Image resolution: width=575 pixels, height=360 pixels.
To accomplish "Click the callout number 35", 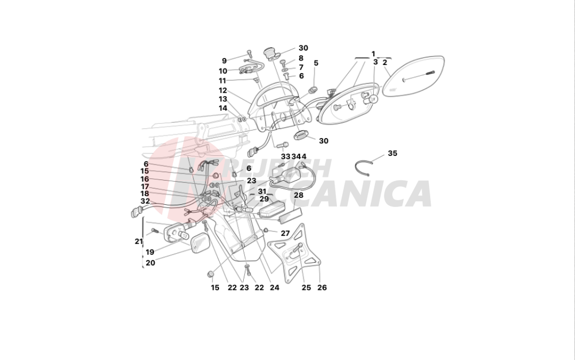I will (392, 154).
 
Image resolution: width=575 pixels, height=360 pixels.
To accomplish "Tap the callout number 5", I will (316, 63).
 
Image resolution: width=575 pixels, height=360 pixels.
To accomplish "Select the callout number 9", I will (224, 60).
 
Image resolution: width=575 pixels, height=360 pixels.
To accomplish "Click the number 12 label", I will (223, 91).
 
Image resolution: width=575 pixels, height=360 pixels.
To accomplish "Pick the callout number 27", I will (285, 233).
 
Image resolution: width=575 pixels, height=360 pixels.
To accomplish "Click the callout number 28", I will (298, 196).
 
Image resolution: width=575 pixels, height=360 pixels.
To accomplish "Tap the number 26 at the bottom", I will (322, 288).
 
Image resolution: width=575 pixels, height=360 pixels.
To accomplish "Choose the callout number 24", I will (274, 288).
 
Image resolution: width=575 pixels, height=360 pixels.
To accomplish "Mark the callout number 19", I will (149, 252).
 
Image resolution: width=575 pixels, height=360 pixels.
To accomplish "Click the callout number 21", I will (139, 242).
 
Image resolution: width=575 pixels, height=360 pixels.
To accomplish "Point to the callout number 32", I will (145, 201).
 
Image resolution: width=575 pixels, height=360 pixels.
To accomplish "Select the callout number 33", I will (285, 156).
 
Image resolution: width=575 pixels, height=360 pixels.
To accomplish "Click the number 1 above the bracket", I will (373, 53).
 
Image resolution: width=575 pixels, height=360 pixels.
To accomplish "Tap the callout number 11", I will (223, 81).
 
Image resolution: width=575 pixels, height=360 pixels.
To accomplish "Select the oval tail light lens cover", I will (413, 78).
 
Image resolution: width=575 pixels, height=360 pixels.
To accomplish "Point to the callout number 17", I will (145, 186).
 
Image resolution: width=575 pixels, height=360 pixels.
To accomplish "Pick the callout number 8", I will (301, 58).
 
